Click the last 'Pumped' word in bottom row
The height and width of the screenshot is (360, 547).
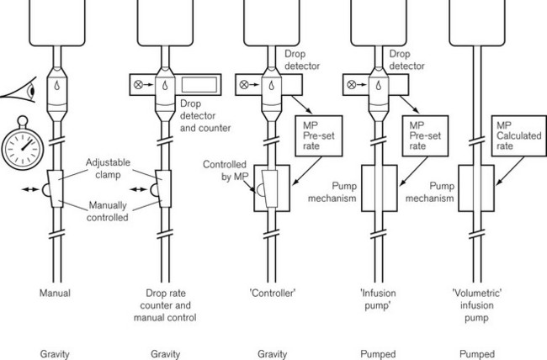click(x=476, y=354)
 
